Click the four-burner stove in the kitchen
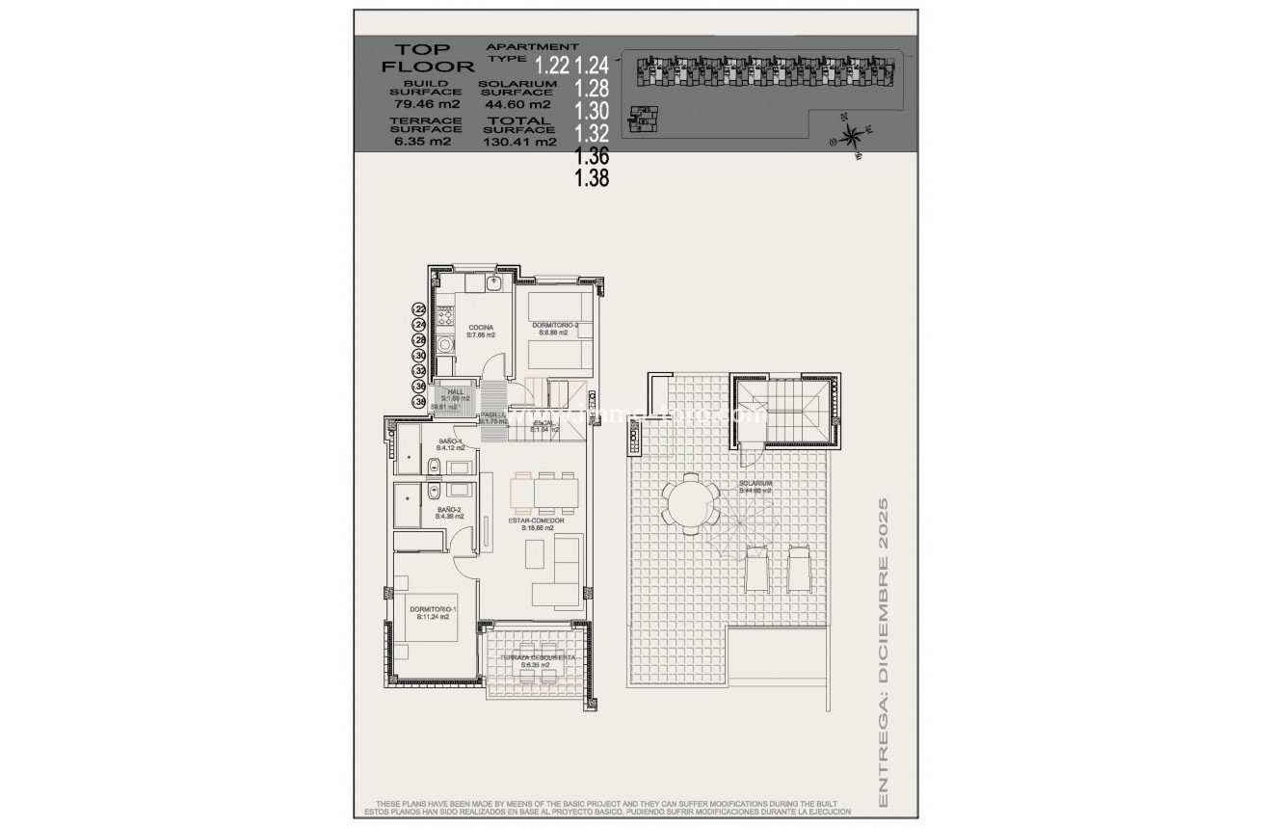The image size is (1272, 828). coord(446,315)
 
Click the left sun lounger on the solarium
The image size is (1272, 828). coord(755,570)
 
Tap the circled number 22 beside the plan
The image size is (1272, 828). coord(419,308)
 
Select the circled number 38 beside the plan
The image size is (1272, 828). coord(419,401)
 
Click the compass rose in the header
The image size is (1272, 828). coord(851,134)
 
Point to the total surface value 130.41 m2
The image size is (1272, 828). coord(519,142)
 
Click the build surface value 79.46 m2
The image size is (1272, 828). coord(425,103)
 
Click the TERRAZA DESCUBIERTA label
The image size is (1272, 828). coord(537,660)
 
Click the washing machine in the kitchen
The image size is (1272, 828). coord(445,345)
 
